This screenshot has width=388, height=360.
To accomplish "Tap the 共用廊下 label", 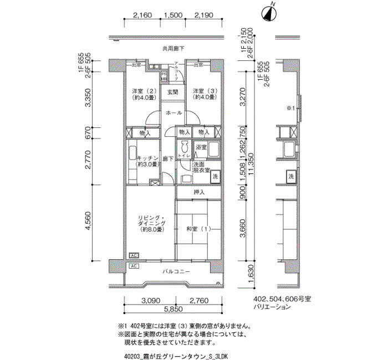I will tap(173, 49).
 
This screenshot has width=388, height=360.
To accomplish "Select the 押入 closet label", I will tap(199, 192).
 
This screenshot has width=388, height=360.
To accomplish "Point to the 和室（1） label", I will tap(198, 228).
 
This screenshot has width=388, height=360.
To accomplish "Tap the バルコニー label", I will tap(176, 272).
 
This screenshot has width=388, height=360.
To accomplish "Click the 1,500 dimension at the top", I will tap(173, 16).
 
